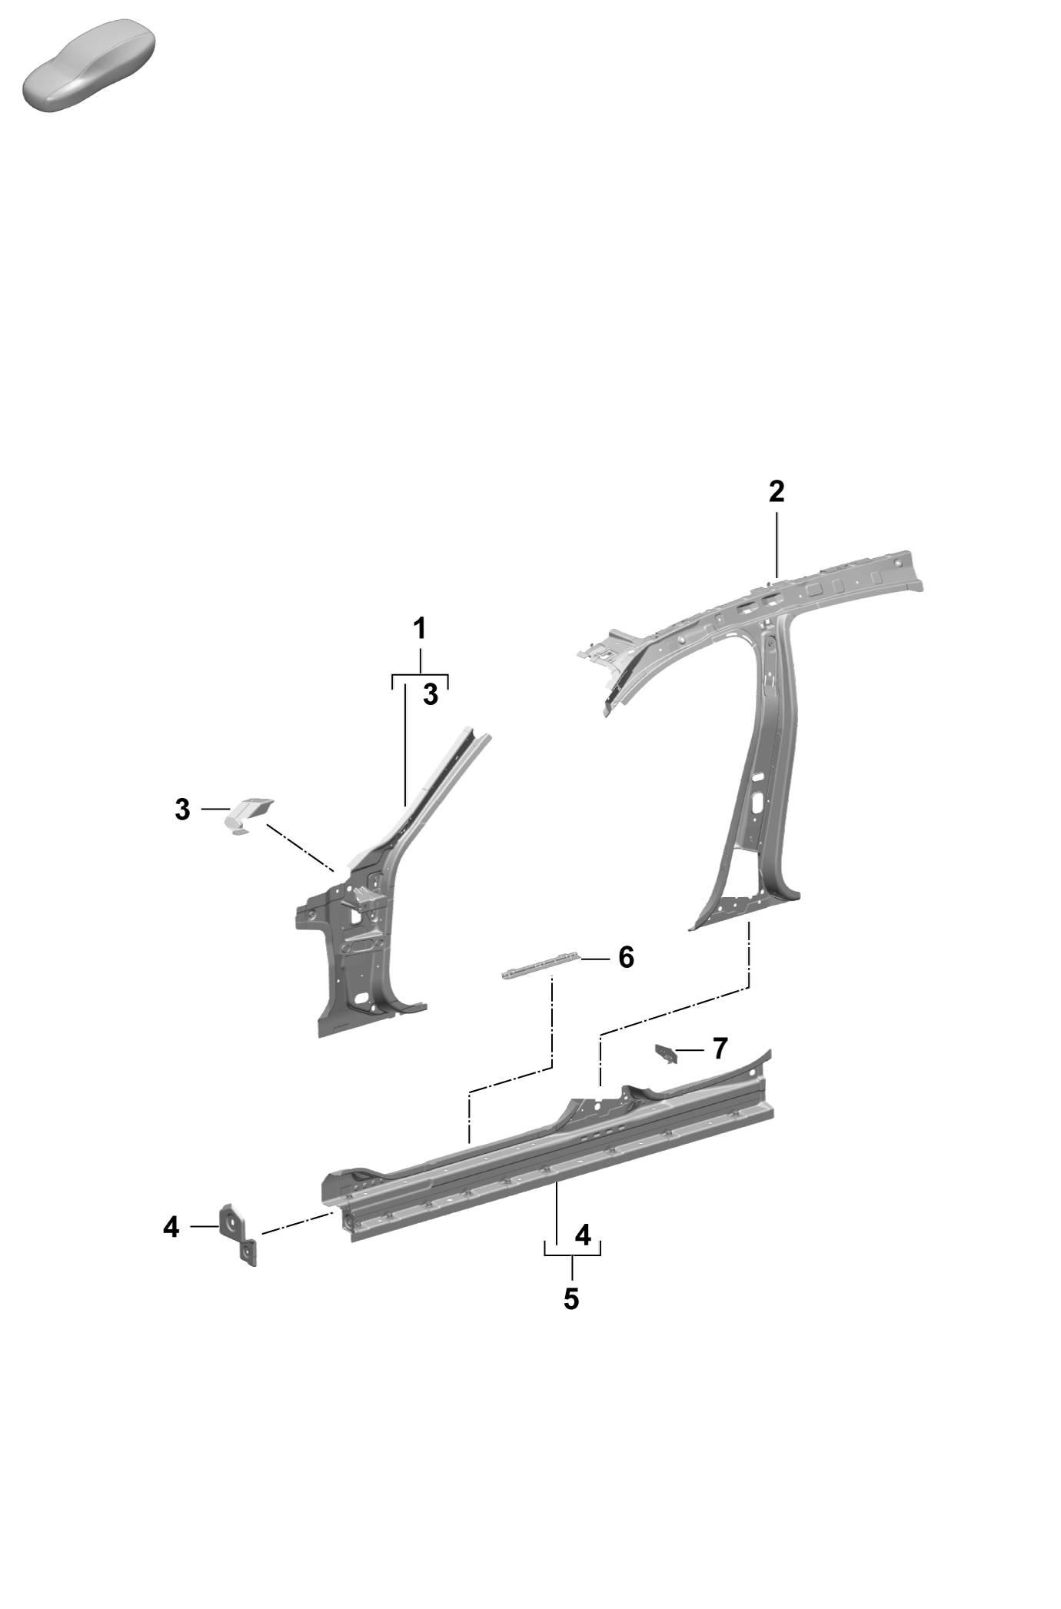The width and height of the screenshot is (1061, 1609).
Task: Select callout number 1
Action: pyautogui.click(x=420, y=628)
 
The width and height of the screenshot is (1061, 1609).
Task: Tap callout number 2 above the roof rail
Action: pyautogui.click(x=777, y=491)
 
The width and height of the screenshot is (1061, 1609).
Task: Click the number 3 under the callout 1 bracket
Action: pyautogui.click(x=431, y=694)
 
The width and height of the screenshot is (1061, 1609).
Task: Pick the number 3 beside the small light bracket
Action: pyautogui.click(x=182, y=809)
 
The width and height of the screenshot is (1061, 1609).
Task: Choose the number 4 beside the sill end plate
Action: pyautogui.click(x=171, y=1227)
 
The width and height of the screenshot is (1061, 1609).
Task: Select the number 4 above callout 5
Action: pyautogui.click(x=583, y=1235)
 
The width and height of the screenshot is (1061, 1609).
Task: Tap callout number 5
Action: pyautogui.click(x=571, y=1298)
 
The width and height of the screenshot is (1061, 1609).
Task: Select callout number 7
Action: pyautogui.click(x=720, y=1048)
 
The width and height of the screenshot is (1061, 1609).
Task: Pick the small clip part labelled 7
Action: pyautogui.click(x=666, y=1053)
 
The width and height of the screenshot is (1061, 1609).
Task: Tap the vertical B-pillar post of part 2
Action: pyautogui.click(x=757, y=769)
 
